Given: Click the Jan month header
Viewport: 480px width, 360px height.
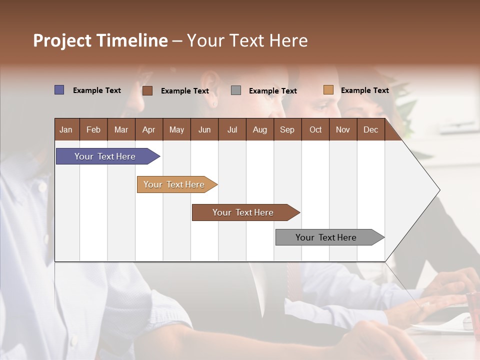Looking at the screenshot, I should [x=66, y=129].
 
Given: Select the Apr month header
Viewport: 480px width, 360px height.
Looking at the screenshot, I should [x=148, y=129].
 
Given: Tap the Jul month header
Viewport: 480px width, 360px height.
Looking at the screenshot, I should [x=232, y=129].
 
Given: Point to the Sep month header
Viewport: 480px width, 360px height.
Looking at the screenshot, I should [x=287, y=129].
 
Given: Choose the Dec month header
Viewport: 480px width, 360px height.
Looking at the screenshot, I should [x=370, y=129].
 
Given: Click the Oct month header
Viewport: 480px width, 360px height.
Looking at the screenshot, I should [x=315, y=129].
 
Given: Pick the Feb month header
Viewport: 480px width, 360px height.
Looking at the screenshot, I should [x=93, y=129].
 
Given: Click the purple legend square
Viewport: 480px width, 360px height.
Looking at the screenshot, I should [x=59, y=90].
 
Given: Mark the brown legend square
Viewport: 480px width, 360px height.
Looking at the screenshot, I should [x=147, y=90].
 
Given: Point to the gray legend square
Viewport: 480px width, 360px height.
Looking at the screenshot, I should [x=236, y=90].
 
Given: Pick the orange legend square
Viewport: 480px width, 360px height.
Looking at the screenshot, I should [x=328, y=90].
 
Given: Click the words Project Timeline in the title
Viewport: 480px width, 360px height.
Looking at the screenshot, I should [x=100, y=40].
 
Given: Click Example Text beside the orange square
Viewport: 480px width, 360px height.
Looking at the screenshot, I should [x=364, y=90].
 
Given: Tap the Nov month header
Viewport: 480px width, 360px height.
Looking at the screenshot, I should [x=343, y=129].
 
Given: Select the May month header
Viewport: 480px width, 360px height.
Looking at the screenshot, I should [x=176, y=129].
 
